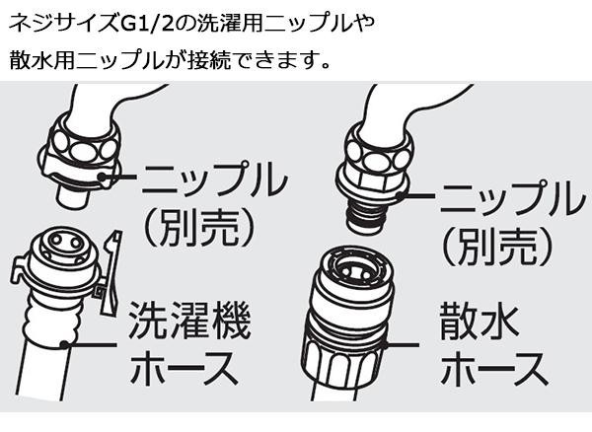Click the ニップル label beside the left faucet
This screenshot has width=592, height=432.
pyautogui.click(x=214, y=181)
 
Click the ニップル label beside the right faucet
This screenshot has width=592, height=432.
pyautogui.click(x=511, y=199)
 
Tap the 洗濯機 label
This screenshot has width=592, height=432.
pyautogui.click(x=190, y=320)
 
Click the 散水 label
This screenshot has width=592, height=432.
pyautogui.click(x=478, y=322)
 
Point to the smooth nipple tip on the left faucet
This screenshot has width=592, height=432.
pyautogui.click(x=74, y=195)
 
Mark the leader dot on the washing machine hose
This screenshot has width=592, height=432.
pyautogui.click(x=65, y=344)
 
